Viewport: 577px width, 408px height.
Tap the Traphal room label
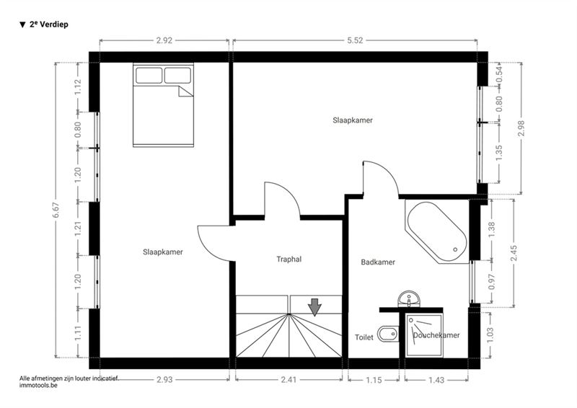click(x=289, y=260)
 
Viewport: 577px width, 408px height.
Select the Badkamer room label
click(x=378, y=262)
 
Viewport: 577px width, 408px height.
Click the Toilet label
click(x=364, y=337)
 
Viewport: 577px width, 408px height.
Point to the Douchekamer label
click(x=436, y=335)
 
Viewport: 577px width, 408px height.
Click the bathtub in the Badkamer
click(x=437, y=231)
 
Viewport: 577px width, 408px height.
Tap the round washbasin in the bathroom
click(x=409, y=298)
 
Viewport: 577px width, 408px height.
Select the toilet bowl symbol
click(x=388, y=334)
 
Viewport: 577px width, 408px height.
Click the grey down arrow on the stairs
click(x=314, y=307)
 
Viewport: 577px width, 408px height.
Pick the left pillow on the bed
click(x=149, y=76)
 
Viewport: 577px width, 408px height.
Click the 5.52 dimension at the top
click(x=355, y=40)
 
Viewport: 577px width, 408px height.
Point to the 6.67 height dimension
click(x=56, y=210)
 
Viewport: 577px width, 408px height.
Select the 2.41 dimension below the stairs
click(x=289, y=379)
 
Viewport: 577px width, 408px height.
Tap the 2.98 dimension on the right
click(x=521, y=128)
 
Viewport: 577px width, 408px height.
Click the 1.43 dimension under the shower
click(x=436, y=380)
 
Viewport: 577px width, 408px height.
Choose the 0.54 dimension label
click(x=499, y=74)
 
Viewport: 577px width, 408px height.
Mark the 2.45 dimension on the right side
click(x=514, y=253)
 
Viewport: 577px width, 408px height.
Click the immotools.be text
click(x=39, y=386)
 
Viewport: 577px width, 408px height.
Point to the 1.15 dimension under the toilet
click(x=374, y=380)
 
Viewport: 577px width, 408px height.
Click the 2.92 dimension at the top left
click(x=164, y=40)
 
